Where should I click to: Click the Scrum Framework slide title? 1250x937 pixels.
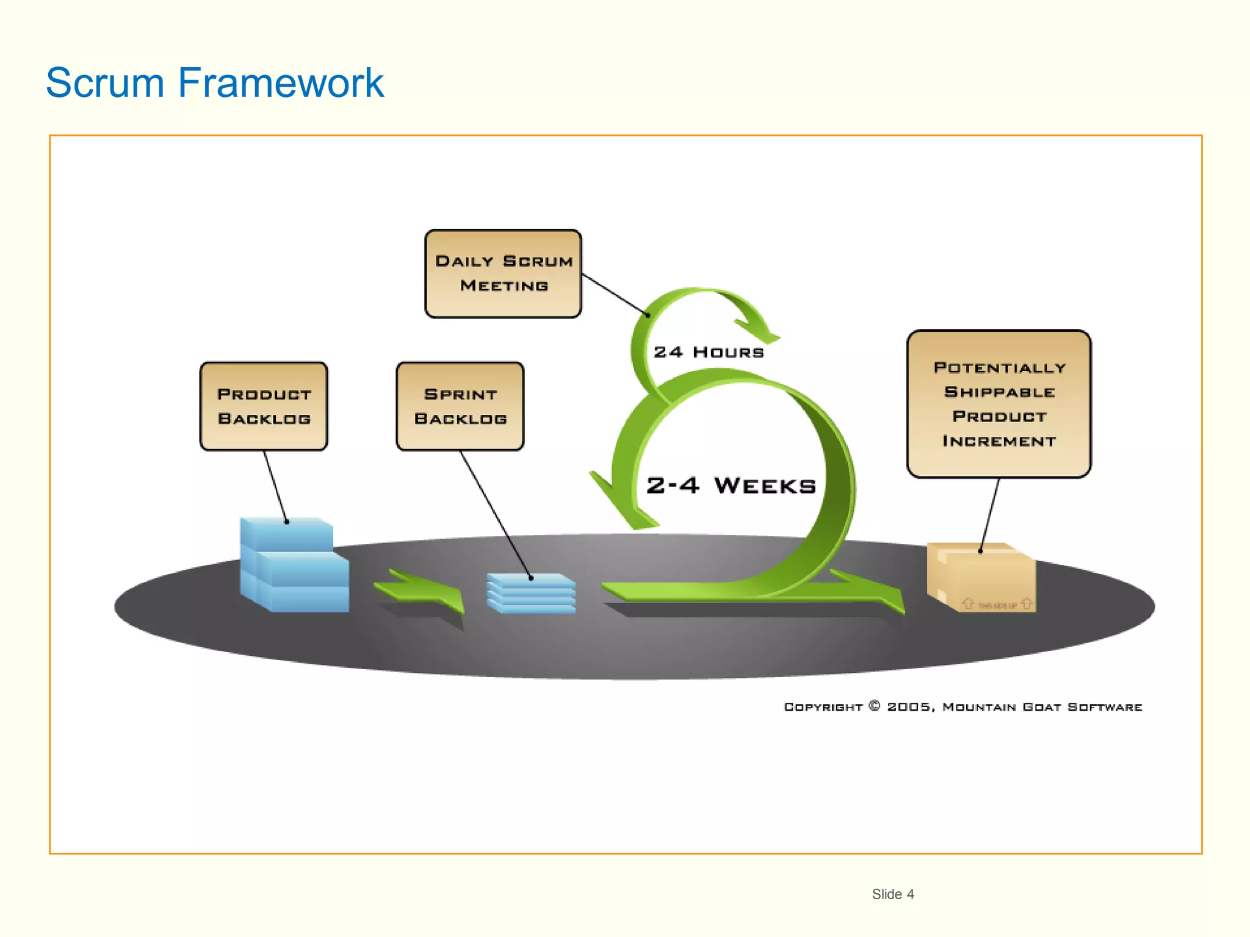click(x=215, y=82)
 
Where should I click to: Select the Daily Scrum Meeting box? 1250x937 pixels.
click(x=503, y=274)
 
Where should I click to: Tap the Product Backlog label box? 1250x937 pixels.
click(x=264, y=406)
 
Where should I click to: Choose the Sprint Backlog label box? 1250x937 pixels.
click(x=460, y=406)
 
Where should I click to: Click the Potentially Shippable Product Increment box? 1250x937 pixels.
click(x=999, y=404)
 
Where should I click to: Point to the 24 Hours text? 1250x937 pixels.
click(x=709, y=353)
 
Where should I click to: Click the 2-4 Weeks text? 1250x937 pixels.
click(x=731, y=486)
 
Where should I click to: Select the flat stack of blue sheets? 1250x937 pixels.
click(x=531, y=593)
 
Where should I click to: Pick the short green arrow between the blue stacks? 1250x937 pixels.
click(x=421, y=591)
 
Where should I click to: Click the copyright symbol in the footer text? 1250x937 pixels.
click(x=875, y=706)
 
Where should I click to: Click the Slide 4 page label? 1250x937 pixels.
click(x=892, y=894)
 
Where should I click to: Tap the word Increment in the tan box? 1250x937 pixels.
click(x=999, y=441)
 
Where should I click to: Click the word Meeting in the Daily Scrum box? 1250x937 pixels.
click(x=504, y=286)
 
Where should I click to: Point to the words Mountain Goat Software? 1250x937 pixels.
click(x=1042, y=707)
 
